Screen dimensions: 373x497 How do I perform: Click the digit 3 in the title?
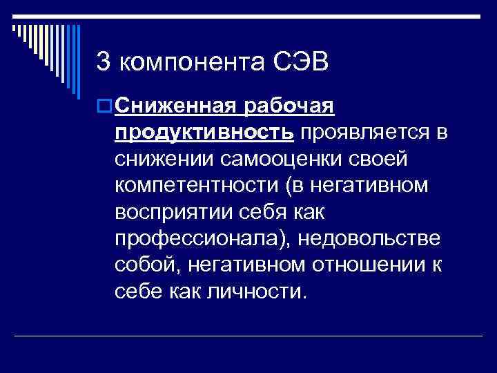(104, 62)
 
